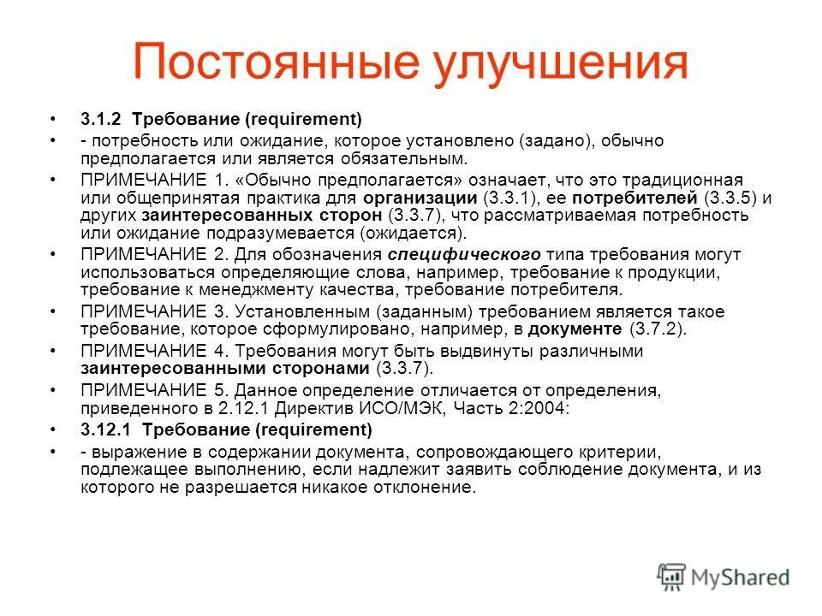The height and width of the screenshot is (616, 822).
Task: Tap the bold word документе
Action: click(575, 328)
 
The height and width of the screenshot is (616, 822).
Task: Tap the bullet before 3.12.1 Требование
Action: click(53, 430)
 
